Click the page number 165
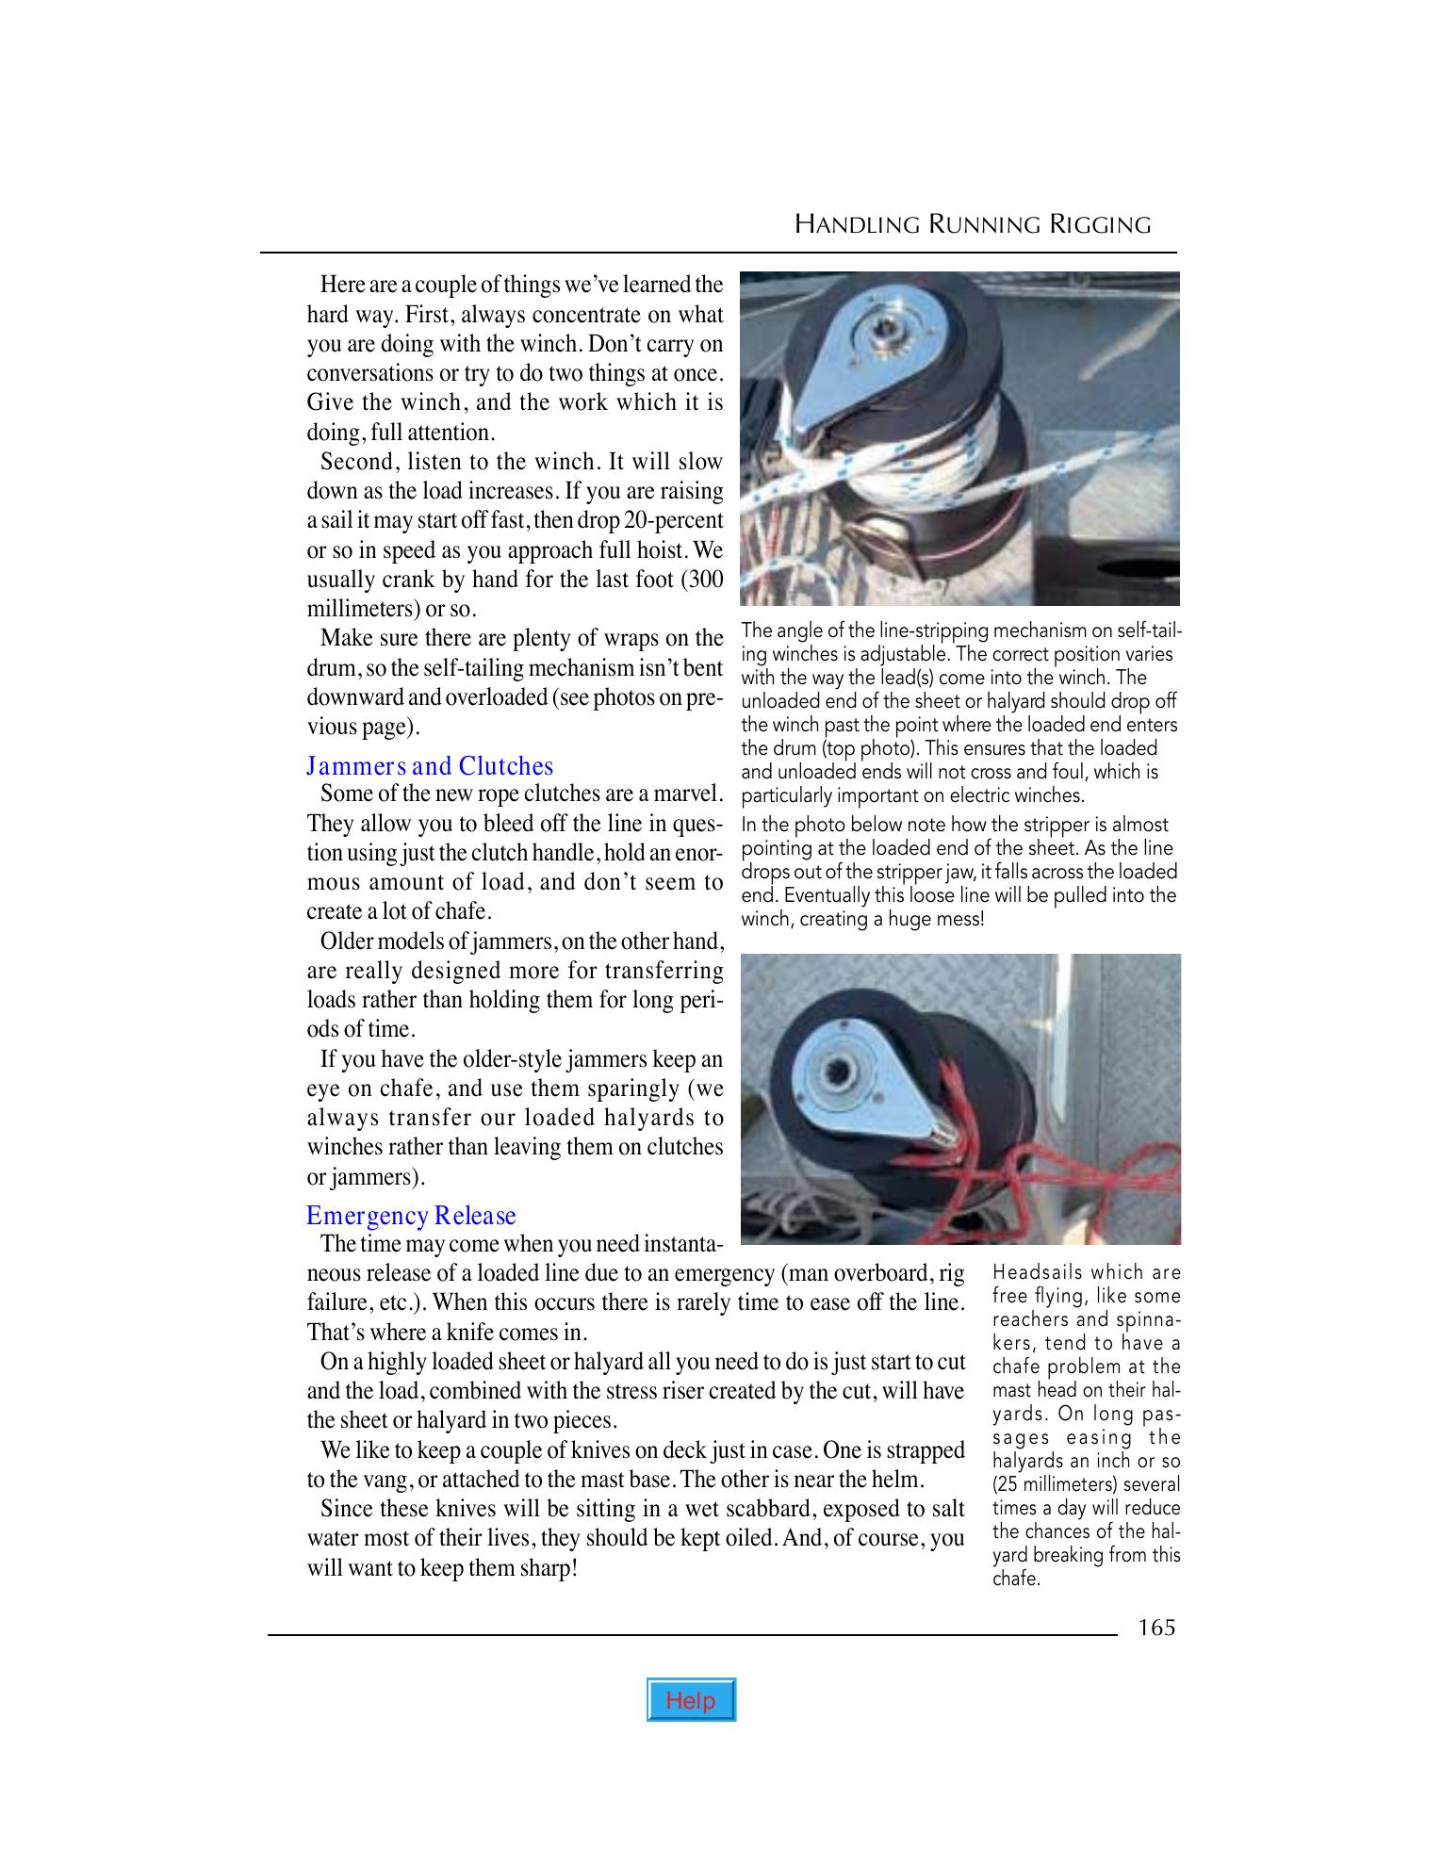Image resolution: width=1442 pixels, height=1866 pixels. (1156, 1628)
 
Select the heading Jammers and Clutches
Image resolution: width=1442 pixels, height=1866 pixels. (430, 766)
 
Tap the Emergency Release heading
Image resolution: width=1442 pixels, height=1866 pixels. (411, 1216)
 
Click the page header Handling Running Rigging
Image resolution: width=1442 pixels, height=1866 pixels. (973, 225)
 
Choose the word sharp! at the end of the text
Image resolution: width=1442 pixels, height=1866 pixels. (546, 1568)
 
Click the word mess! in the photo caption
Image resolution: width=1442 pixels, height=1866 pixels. (959, 919)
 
